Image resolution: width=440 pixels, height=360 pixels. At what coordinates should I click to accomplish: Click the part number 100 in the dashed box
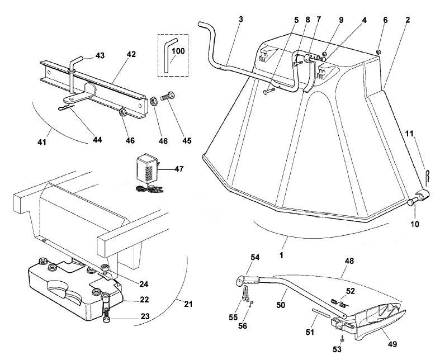click(x=178, y=51)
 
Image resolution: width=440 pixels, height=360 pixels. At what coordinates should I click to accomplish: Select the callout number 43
click(x=100, y=55)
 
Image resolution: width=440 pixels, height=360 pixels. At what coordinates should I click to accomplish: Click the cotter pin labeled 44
click(x=67, y=107)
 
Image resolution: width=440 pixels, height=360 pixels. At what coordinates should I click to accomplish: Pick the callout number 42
click(x=131, y=54)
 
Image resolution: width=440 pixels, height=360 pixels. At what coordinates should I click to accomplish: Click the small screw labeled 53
click(x=342, y=339)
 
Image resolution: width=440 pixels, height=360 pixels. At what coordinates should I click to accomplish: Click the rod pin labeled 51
click(x=321, y=313)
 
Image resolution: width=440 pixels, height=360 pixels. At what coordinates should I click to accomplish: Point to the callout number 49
click(x=392, y=344)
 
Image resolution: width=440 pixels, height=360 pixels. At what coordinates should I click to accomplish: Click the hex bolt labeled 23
click(x=106, y=308)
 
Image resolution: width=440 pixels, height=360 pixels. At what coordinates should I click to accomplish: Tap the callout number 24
click(x=144, y=284)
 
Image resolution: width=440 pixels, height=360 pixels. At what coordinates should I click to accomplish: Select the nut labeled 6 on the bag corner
click(x=378, y=51)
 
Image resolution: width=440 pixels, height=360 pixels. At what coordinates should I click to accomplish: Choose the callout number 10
click(x=415, y=224)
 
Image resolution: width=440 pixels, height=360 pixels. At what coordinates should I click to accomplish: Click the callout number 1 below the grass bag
click(x=281, y=255)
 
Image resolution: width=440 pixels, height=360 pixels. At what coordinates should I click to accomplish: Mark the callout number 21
click(x=188, y=304)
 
